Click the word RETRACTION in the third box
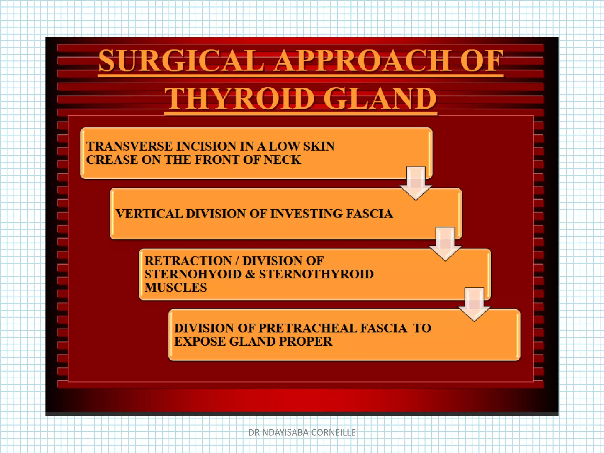click(188, 261)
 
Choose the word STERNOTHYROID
click(316, 274)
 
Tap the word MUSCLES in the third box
click(176, 288)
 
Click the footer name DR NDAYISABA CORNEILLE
click(302, 432)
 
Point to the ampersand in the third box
click(250, 274)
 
